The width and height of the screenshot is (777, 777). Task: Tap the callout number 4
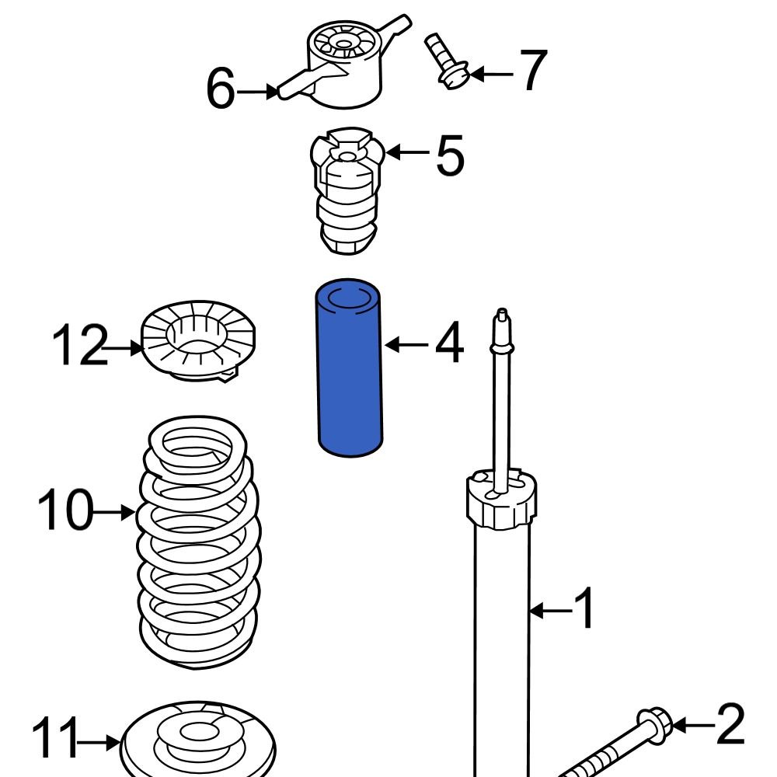pyautogui.click(x=448, y=343)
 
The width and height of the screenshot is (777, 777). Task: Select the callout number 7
pyautogui.click(x=533, y=72)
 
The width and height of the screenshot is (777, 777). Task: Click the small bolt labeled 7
pyautogui.click(x=442, y=59)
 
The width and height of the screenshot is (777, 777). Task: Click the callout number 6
pyautogui.click(x=220, y=90)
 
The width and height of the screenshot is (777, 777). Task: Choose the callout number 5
pyautogui.click(x=449, y=155)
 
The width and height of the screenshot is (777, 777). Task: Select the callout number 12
pyautogui.click(x=78, y=347)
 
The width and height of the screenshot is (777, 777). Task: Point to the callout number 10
pyautogui.click(x=65, y=511)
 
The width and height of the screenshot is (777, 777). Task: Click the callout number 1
pyautogui.click(x=584, y=609)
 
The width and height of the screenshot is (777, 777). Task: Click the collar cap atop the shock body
pyautogui.click(x=502, y=501)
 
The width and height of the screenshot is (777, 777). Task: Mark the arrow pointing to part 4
pyautogui.click(x=406, y=344)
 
